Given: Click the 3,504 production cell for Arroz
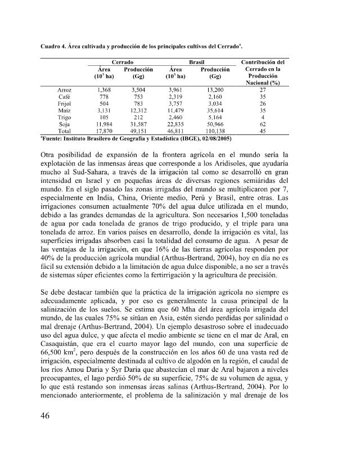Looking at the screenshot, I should tap(136, 89).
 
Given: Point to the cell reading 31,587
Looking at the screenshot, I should tap(136, 123).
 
